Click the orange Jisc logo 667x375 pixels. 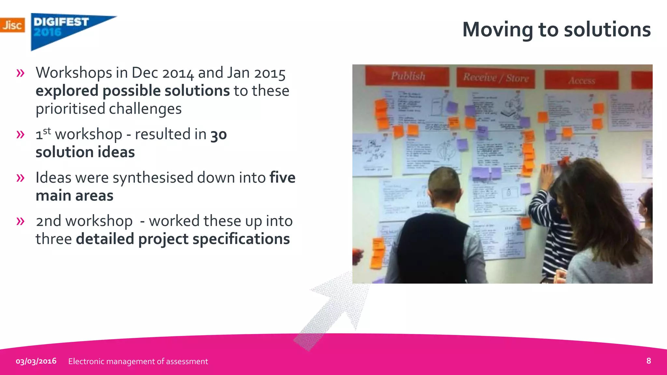click(12, 25)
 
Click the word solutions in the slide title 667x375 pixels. click(607, 30)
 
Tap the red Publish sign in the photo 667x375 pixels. click(408, 76)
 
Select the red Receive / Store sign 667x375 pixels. click(496, 78)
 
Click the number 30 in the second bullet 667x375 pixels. click(219, 135)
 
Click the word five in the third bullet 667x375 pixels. click(282, 178)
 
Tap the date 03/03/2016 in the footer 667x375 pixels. click(36, 361)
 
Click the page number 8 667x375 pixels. click(648, 361)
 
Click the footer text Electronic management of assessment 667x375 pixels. click(138, 361)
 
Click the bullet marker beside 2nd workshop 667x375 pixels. click(20, 221)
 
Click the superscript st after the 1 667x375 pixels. click(47, 131)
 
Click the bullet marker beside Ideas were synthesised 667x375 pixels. click(20, 178)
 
